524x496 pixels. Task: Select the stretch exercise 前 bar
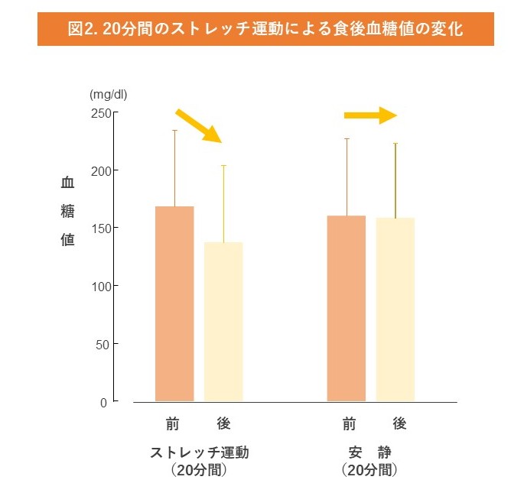(174, 303)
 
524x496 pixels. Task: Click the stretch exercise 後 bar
(223, 321)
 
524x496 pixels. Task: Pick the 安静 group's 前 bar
(347, 308)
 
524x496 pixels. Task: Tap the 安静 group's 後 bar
(395, 309)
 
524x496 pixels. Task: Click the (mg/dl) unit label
(108, 95)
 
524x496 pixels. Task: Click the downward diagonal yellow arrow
(199, 125)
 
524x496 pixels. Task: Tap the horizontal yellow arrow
(370, 115)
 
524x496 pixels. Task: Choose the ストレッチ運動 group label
(200, 452)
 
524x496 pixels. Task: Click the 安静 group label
(370, 452)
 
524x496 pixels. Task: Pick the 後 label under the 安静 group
(399, 423)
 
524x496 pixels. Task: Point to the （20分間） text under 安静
(370, 470)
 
